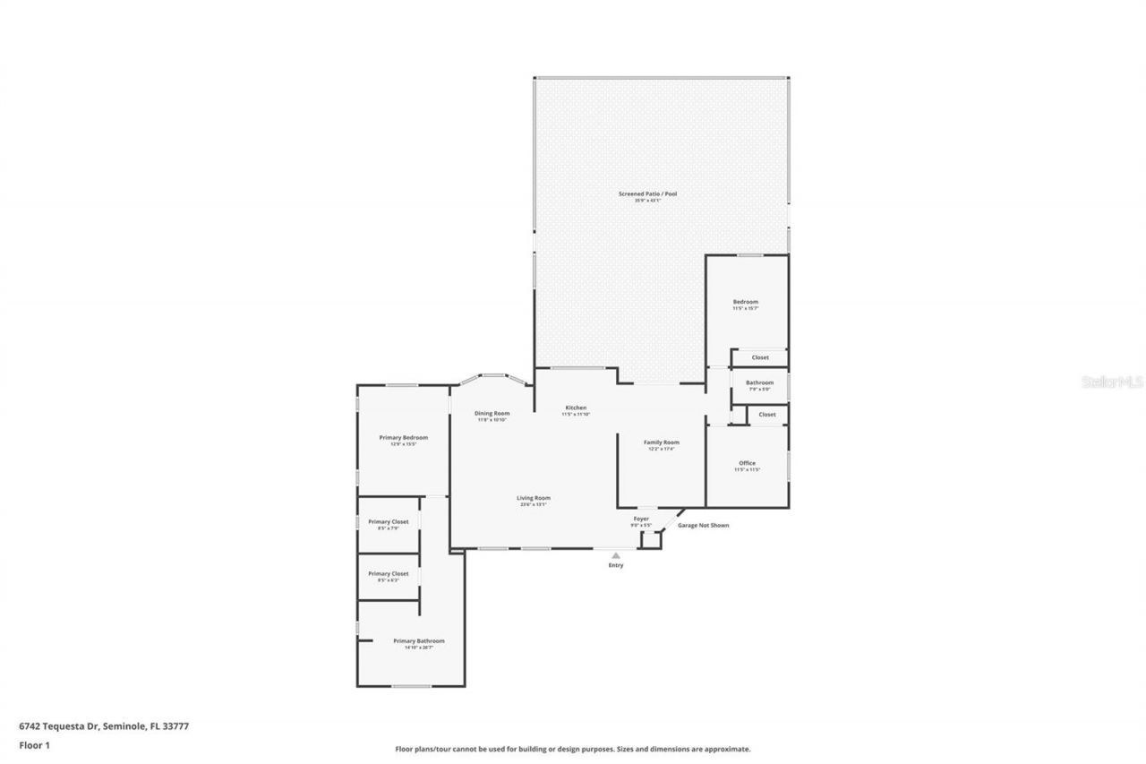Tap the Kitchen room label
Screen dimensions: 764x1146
tap(575, 408)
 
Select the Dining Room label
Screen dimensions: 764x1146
tap(492, 413)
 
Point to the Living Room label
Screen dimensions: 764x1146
tap(533, 498)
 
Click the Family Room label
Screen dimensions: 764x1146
tap(662, 442)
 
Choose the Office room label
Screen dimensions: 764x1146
tap(747, 463)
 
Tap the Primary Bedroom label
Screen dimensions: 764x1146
tap(403, 438)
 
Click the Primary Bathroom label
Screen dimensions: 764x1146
tap(418, 641)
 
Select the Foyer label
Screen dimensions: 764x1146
tap(641, 519)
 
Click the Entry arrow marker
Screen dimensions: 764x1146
tap(616, 555)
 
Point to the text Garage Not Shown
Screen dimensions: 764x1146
tap(703, 525)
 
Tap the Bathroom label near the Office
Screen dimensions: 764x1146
tap(759, 382)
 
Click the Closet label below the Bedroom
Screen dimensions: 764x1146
tap(760, 357)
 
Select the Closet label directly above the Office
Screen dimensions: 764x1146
tap(767, 415)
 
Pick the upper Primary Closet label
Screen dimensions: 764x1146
tap(388, 521)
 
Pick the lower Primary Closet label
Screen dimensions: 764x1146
tap(388, 573)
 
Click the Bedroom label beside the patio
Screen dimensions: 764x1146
tap(746, 302)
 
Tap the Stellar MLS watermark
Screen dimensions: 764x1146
tap(1112, 382)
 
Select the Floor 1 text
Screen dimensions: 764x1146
tap(33, 744)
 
